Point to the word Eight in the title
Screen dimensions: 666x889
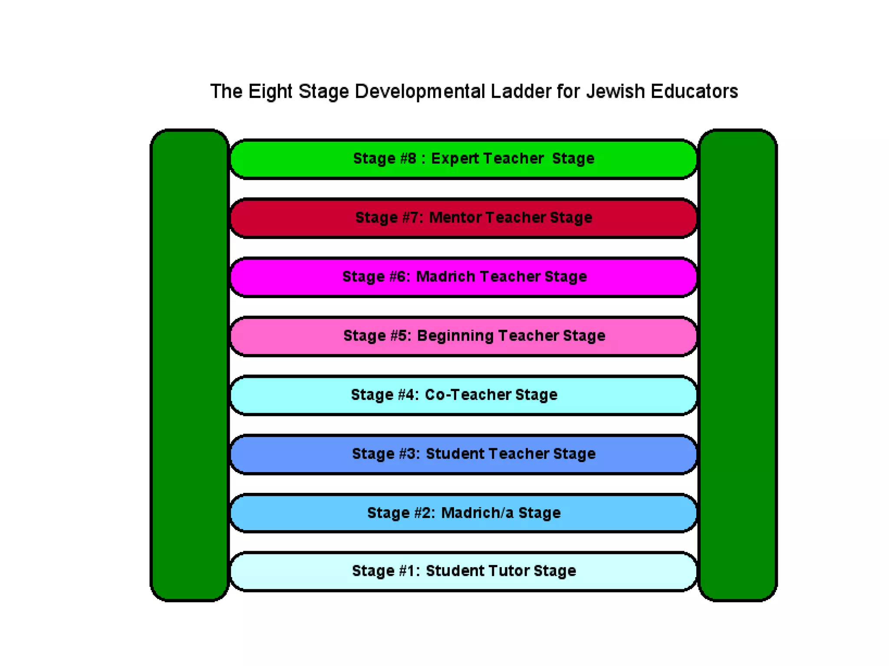(270, 92)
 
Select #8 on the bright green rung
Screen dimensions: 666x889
(408, 159)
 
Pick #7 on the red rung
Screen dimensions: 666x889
(411, 217)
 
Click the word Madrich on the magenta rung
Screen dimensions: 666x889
(445, 276)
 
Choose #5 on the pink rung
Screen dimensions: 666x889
(400, 336)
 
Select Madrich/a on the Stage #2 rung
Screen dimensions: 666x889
(477, 513)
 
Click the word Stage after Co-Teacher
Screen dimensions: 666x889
(536, 395)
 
